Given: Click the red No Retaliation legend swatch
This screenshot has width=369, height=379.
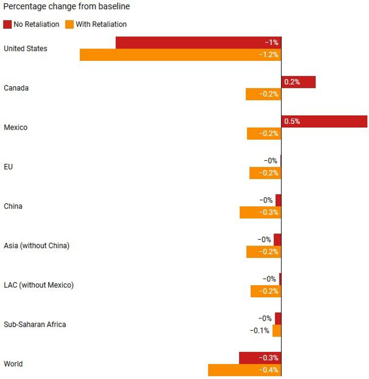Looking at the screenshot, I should pyautogui.click(x=7, y=25).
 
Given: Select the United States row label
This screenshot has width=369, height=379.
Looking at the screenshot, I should pyautogui.click(x=25, y=49).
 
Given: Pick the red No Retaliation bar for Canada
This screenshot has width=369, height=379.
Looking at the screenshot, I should pyautogui.click(x=298, y=82).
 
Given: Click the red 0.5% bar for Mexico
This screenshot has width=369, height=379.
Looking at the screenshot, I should pyautogui.click(x=324, y=122).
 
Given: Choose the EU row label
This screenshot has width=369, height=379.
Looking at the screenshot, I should pyautogui.click(x=8, y=167).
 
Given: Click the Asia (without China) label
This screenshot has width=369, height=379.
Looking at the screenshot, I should pyautogui.click(x=37, y=246).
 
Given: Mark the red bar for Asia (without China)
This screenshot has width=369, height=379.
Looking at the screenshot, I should pyautogui.click(x=277, y=240).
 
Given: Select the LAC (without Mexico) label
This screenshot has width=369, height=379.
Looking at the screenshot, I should pyautogui.click(x=39, y=285).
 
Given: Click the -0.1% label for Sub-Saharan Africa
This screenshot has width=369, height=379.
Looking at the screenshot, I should pyautogui.click(x=259, y=331).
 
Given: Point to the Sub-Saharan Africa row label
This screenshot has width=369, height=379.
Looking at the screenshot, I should pyautogui.click(x=35, y=324).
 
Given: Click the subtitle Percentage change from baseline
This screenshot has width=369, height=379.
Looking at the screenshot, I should pyautogui.click(x=66, y=7).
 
